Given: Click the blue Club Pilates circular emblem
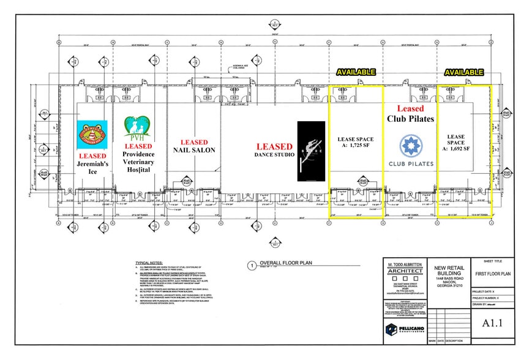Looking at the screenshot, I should [x=410, y=146].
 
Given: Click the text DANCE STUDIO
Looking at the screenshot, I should [x=274, y=156].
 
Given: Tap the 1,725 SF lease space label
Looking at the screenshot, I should [x=356, y=143].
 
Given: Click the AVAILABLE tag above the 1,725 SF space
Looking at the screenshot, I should [x=355, y=72].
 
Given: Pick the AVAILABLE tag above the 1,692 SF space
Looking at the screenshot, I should [x=464, y=72].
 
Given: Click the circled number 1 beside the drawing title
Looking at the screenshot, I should [x=250, y=266].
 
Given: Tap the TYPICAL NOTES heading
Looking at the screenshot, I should [x=150, y=263].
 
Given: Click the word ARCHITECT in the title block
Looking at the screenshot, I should [x=405, y=271].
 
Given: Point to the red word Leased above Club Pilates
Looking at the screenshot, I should [x=410, y=108].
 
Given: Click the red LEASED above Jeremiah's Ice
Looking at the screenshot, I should [x=92, y=156].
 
